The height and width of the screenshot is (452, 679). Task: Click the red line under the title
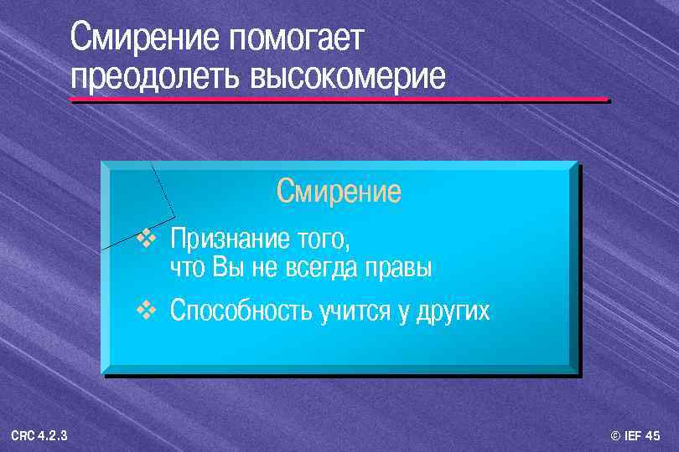(339, 100)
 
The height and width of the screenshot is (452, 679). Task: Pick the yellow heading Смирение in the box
(339, 192)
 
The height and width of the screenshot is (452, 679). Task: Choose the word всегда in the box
(321, 270)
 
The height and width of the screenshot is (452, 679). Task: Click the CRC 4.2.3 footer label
(40, 436)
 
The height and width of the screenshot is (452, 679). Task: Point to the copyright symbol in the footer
(616, 436)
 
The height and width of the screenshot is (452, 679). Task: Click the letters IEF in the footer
(634, 436)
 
